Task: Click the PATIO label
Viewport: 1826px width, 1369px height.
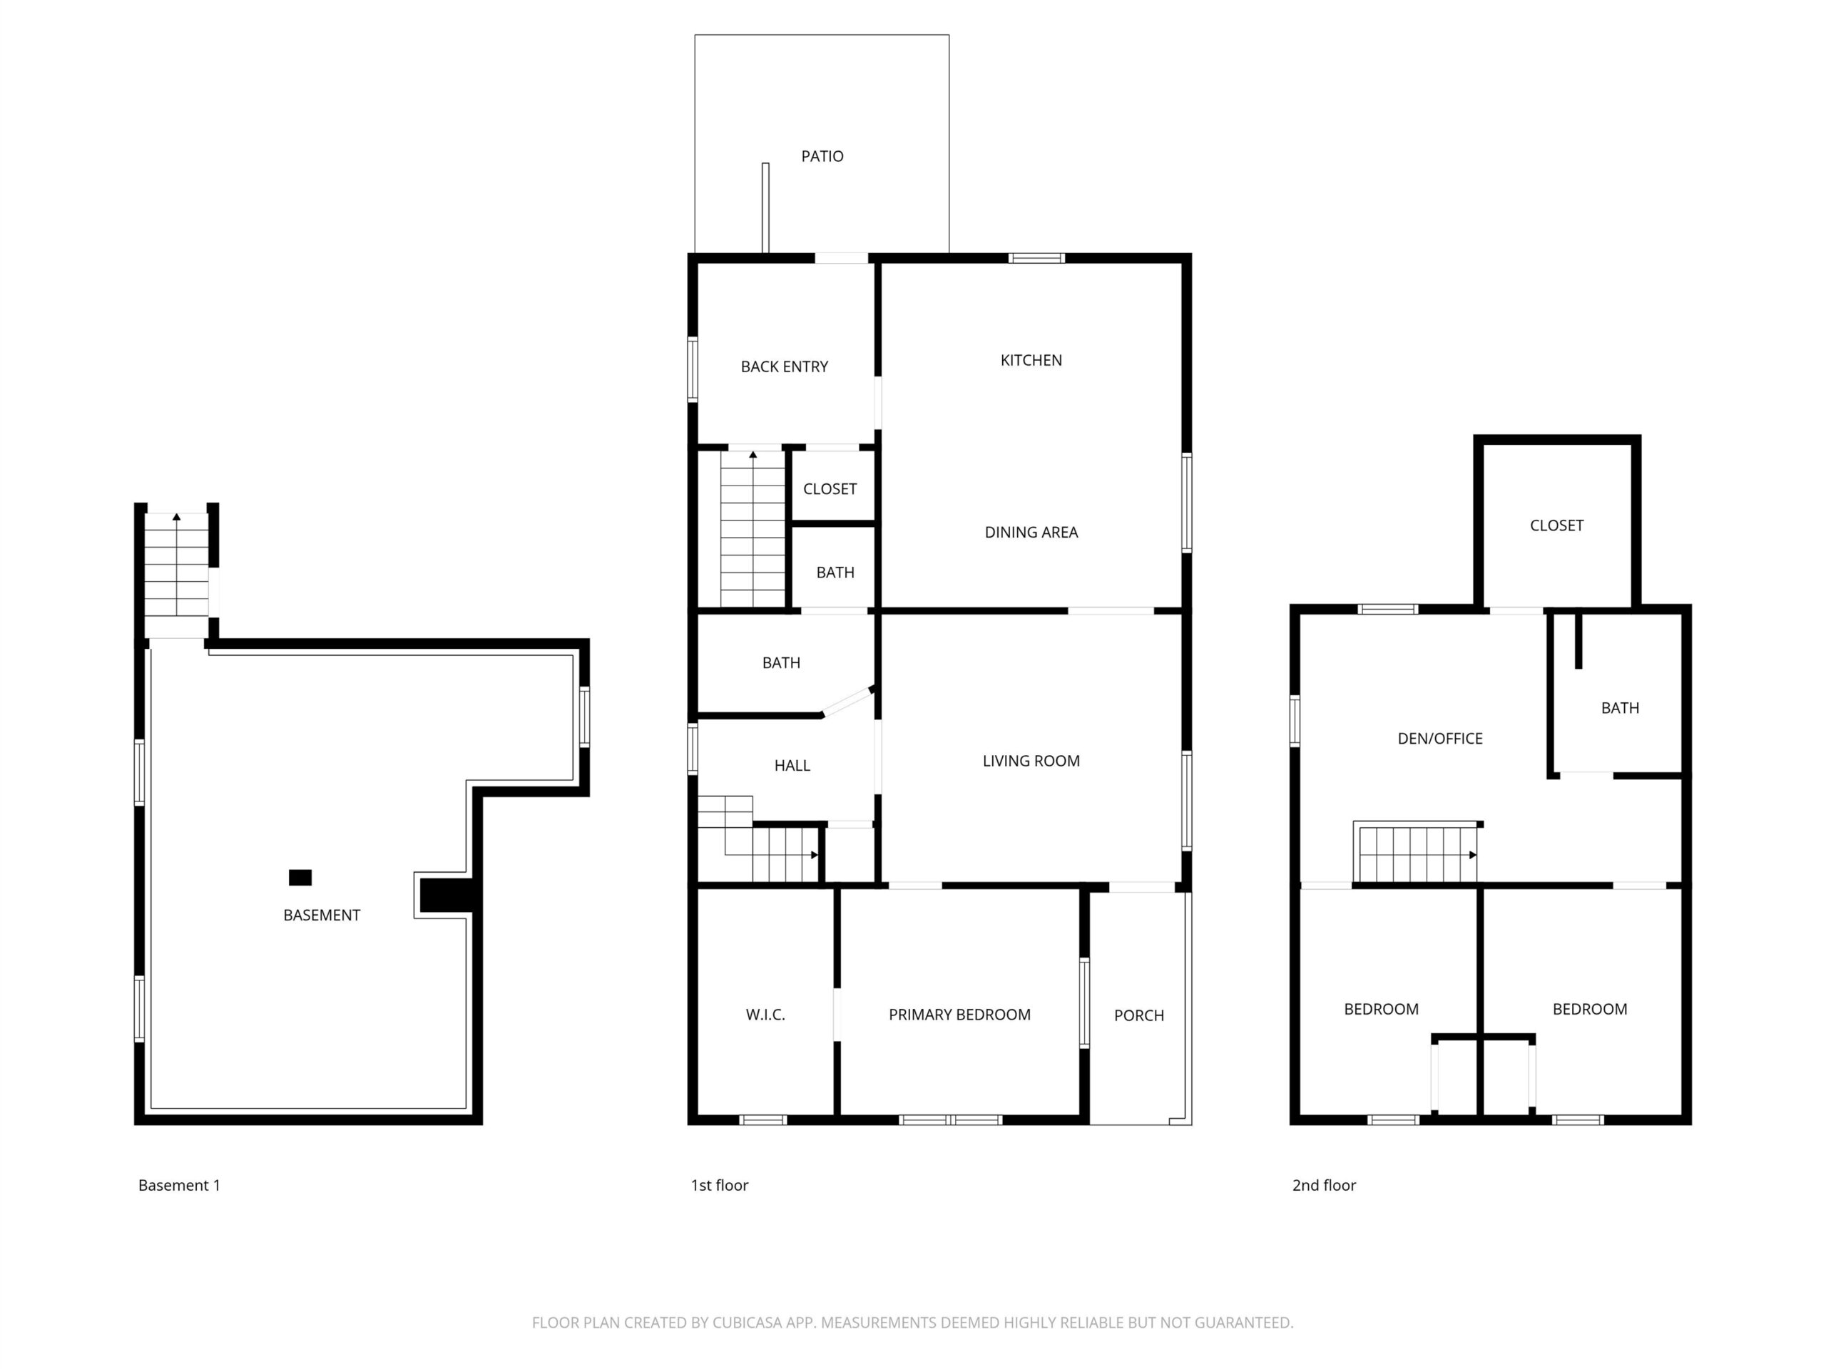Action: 822,156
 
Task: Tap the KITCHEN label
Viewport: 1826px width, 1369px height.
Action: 1031,360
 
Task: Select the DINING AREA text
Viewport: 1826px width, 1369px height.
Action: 1031,532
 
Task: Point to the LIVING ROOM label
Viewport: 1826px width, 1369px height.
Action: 1031,761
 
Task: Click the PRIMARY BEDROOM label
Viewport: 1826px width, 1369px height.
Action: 959,1014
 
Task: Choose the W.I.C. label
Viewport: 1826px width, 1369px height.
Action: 765,1014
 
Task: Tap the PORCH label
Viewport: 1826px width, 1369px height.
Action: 1139,1015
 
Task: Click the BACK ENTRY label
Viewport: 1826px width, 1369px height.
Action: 784,366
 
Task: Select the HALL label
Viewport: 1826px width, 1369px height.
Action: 792,765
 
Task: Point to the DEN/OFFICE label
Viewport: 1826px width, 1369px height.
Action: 1439,739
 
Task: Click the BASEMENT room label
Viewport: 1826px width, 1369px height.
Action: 321,914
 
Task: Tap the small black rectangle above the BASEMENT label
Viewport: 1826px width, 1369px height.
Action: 300,877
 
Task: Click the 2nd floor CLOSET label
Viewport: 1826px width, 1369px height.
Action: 1556,525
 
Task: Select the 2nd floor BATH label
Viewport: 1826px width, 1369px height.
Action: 1620,707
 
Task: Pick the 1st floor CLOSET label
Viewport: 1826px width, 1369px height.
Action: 830,488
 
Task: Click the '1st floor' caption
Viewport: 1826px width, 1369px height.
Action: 719,1185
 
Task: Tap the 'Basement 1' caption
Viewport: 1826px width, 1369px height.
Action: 179,1185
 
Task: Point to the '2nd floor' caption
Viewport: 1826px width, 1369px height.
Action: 1324,1185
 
